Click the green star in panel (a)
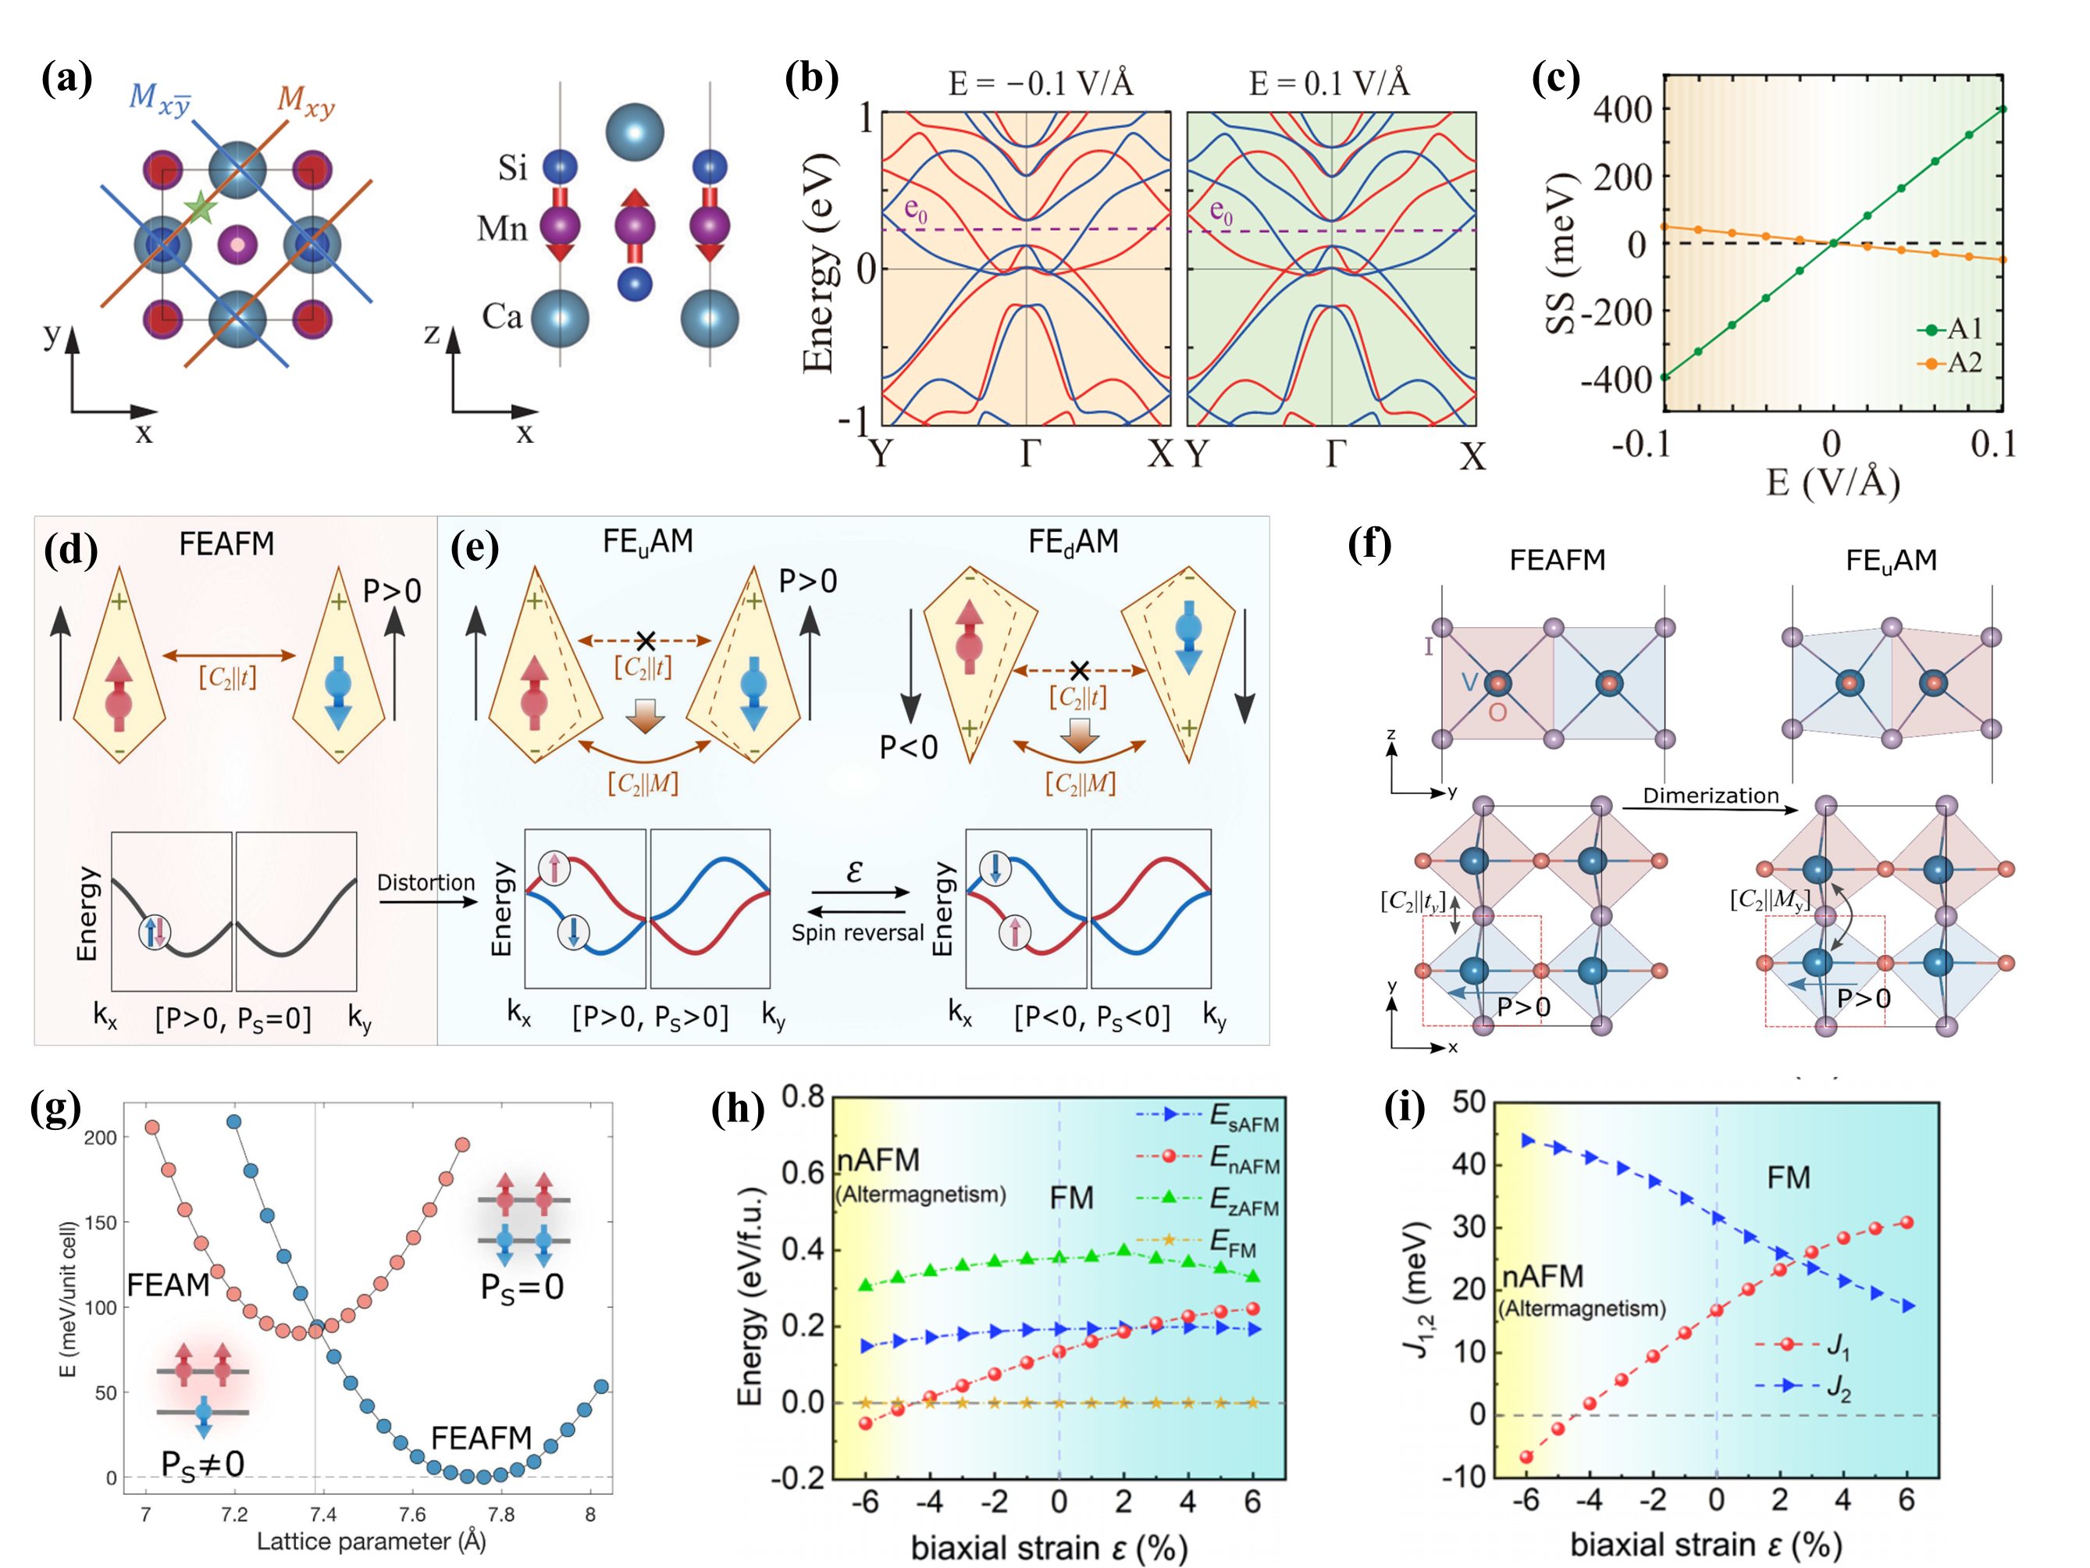[x=201, y=207]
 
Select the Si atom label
[x=512, y=168]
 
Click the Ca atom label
[x=502, y=316]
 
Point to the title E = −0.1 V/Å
[x=1040, y=84]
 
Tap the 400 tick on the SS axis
[x=1622, y=109]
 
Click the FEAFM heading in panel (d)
[x=226, y=544]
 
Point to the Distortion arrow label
[x=426, y=882]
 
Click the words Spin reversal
[x=857, y=933]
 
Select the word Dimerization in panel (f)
[x=1710, y=796]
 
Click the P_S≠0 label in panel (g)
[x=202, y=1464]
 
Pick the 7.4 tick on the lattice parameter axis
[x=322, y=1515]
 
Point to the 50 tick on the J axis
[x=1465, y=1102]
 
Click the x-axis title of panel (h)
[x=1049, y=1547]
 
